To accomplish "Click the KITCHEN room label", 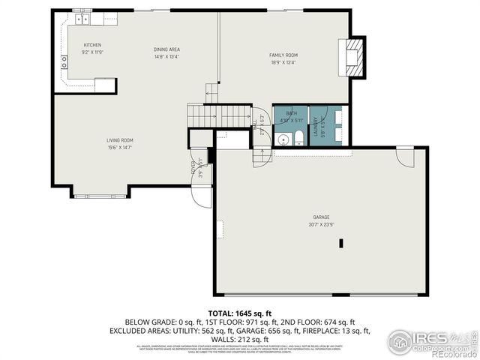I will click(92, 45).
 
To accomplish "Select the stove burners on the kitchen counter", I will click(64, 62).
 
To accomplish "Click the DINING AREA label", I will click(166, 49).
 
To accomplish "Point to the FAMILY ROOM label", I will click(283, 55).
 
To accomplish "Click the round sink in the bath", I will click(283, 139).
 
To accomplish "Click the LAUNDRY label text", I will click(315, 126).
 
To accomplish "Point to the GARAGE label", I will click(321, 216).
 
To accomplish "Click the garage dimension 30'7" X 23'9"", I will click(321, 223).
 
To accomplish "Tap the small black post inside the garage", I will click(341, 243).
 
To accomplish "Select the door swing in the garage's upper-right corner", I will click(405, 157).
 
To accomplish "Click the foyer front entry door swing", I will click(200, 193).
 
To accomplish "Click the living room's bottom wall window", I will click(100, 196).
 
